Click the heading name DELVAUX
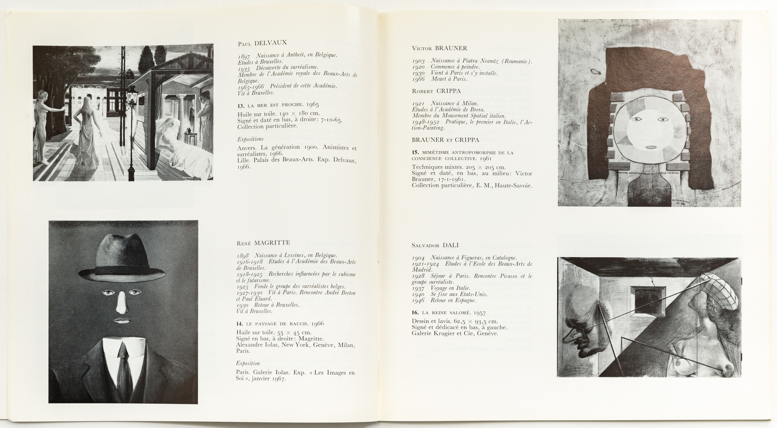click(x=271, y=43)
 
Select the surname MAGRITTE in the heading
click(x=272, y=243)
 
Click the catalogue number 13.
click(x=241, y=105)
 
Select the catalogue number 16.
click(x=415, y=313)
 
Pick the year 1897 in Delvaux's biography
click(x=244, y=56)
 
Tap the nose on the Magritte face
click(x=122, y=303)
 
